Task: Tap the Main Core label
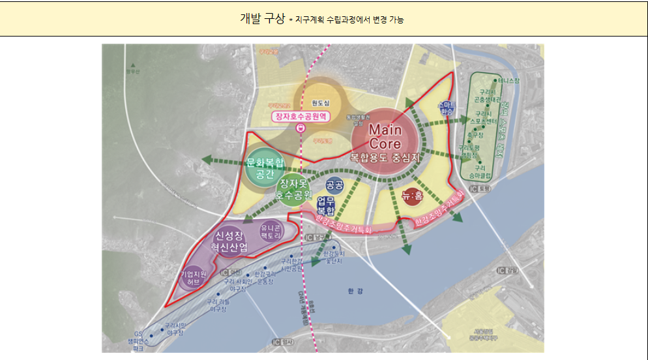tap(385, 136)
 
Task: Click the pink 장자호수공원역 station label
tap(302, 117)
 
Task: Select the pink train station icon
tap(300, 128)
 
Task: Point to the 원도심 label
tap(321, 103)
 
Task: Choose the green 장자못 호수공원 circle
tap(295, 188)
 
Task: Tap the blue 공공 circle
tap(334, 185)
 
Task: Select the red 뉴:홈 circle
tap(411, 196)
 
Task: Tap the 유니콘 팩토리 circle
tap(271, 232)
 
